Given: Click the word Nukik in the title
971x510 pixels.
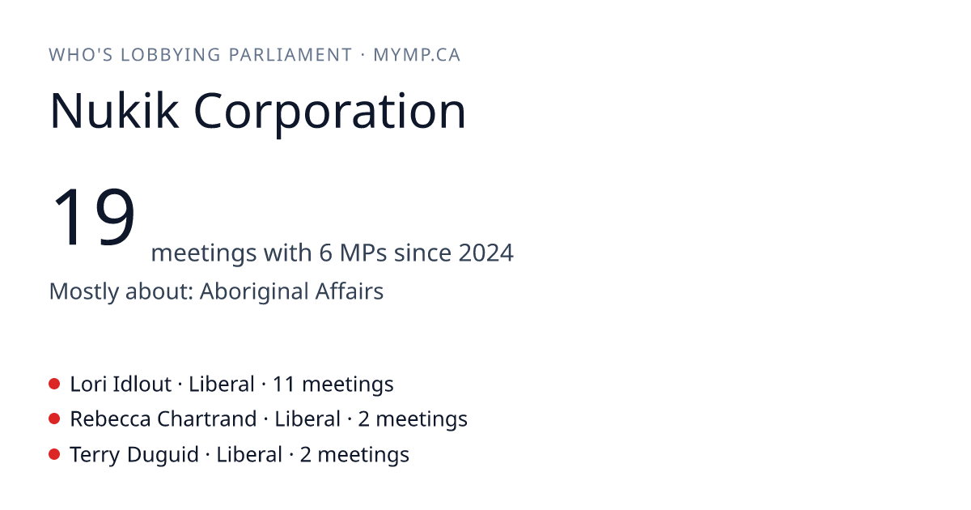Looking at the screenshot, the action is point(114,111).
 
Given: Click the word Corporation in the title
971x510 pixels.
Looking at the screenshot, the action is point(329,113).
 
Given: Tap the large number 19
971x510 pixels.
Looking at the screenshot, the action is point(94,216).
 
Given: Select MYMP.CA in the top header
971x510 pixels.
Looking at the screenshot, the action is point(417,55).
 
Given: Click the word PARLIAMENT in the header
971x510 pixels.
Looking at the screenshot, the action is point(290,55).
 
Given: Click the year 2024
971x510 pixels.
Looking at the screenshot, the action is point(486,253).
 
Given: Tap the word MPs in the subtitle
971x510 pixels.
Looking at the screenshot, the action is point(363,253).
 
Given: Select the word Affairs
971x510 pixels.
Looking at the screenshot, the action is point(350,291).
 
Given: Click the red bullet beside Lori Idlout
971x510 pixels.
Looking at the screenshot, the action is point(54,384).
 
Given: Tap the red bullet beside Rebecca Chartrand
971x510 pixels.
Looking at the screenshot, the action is point(54,419).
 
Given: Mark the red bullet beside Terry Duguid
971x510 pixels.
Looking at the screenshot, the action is point(54,454).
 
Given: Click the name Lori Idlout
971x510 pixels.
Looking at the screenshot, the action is point(121,385).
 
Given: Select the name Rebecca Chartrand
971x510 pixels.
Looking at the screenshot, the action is point(163,419).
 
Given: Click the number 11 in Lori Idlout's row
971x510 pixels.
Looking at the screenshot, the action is point(283,385).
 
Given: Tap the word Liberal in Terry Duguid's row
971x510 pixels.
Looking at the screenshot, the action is point(249,455).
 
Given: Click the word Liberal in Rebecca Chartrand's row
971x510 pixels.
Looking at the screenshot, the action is point(307,419).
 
